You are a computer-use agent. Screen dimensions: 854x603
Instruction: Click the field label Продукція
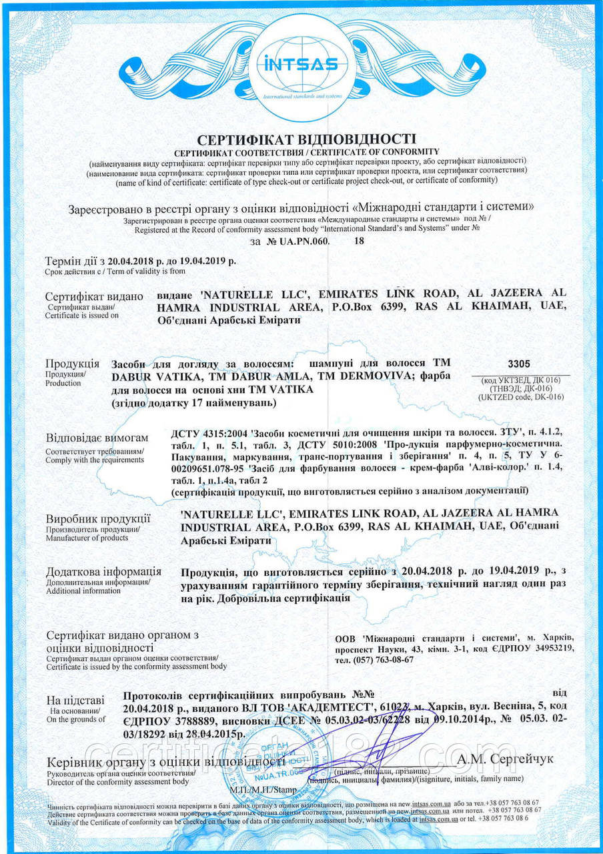tap(72, 364)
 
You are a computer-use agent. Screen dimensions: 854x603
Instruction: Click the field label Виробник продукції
tap(97, 518)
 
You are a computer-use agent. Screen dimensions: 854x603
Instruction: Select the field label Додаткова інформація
tap(103, 572)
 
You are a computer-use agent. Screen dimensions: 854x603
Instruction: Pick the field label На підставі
tap(75, 700)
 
